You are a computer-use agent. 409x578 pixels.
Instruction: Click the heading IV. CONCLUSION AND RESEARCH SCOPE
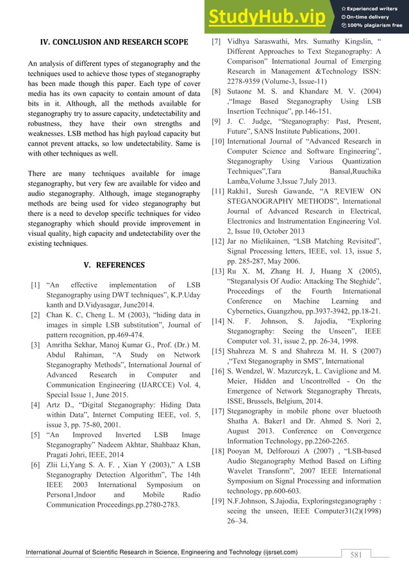tap(114, 43)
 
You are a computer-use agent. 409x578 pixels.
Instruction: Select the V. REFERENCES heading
tap(114, 265)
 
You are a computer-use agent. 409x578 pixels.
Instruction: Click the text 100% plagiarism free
tap(376, 26)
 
